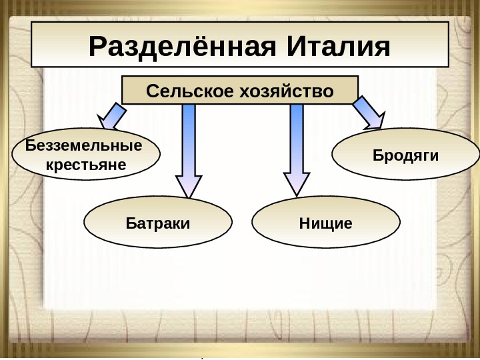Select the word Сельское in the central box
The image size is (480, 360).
[x=182, y=90]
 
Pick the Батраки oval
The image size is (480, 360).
[x=159, y=223]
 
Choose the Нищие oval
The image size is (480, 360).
[x=326, y=223]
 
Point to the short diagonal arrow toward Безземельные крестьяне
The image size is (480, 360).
[x=114, y=117]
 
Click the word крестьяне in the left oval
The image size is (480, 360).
[x=86, y=163]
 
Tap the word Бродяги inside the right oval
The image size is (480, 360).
[x=405, y=156]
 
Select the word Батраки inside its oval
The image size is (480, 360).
[x=159, y=223]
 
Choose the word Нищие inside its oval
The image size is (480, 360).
[x=326, y=223]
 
